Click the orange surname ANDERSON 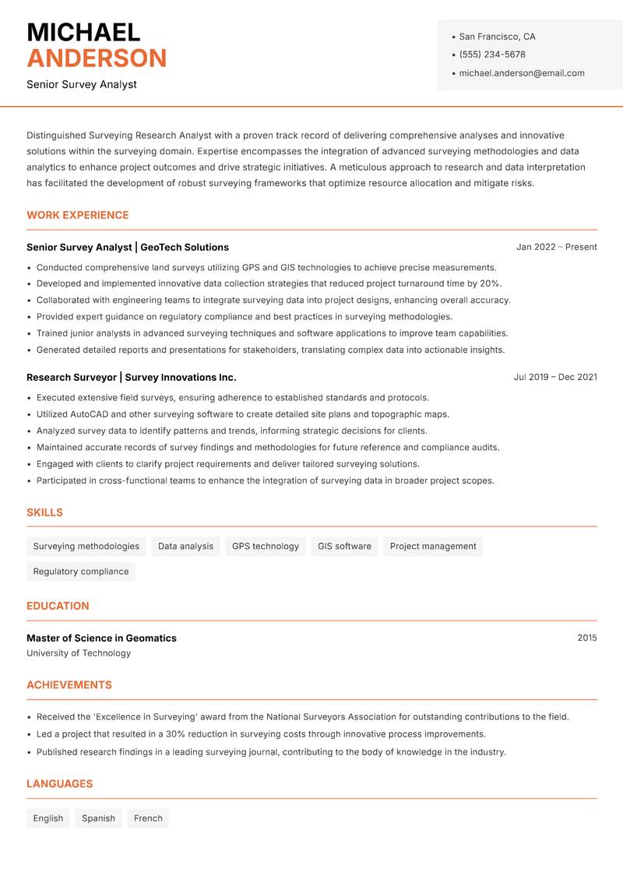[x=97, y=58]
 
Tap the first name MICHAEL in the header [x=83, y=32]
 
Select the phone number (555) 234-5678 [x=491, y=55]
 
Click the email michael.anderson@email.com [x=521, y=73]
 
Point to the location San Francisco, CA [x=497, y=37]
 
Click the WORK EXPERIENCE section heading [x=78, y=215]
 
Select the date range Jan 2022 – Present [x=556, y=247]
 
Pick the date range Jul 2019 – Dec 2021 [x=555, y=377]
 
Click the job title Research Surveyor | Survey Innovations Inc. [x=131, y=377]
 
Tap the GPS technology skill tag [x=265, y=546]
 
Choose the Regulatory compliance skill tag [x=81, y=571]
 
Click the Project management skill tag [x=433, y=546]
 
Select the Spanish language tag [x=98, y=818]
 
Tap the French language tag [x=148, y=818]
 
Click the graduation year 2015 [x=587, y=638]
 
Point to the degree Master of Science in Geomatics [x=101, y=638]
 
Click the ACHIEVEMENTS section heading [x=69, y=685]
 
